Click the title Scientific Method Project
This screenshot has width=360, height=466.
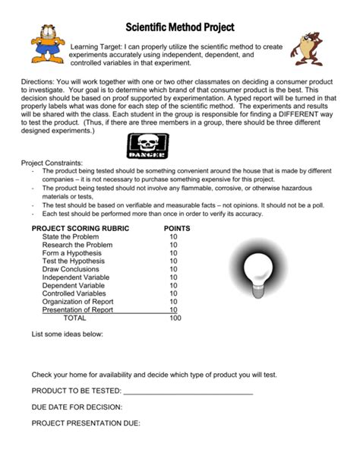click(179, 27)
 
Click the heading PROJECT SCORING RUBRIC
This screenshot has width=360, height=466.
click(80, 227)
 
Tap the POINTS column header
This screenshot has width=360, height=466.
click(176, 227)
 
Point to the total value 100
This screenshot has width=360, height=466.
click(175, 319)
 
